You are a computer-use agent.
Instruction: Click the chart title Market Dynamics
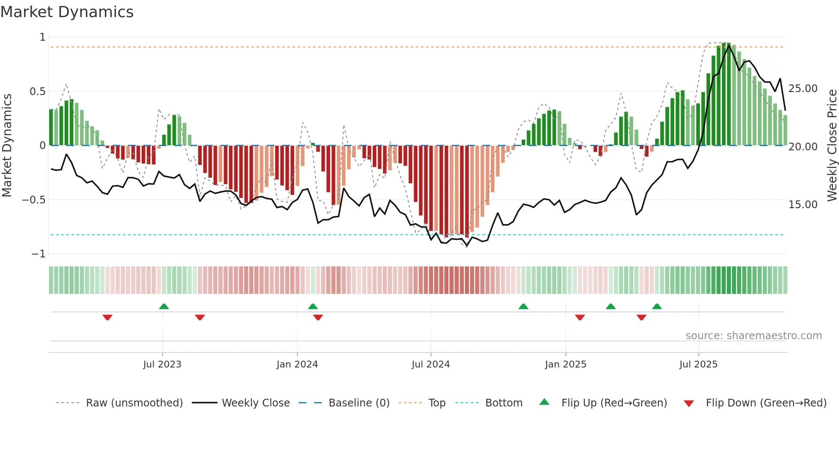click(67, 12)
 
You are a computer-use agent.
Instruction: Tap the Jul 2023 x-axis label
click(162, 364)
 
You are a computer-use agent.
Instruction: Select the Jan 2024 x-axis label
click(297, 364)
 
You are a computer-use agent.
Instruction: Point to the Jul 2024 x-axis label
click(431, 364)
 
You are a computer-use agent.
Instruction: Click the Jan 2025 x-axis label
click(565, 364)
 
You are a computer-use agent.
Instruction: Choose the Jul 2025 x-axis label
click(698, 364)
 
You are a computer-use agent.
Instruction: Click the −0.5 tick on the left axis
click(34, 200)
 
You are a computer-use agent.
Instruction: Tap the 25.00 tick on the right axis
click(803, 89)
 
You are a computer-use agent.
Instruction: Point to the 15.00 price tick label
click(803, 205)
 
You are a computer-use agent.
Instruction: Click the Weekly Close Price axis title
click(832, 145)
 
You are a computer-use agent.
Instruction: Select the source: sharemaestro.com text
click(753, 336)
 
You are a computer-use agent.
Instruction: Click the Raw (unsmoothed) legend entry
click(134, 403)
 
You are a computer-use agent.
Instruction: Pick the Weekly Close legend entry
click(256, 403)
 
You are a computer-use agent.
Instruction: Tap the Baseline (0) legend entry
click(359, 403)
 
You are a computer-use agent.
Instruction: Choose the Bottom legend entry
click(504, 403)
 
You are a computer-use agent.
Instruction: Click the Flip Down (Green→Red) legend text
click(766, 403)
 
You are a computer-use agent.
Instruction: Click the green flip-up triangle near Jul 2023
click(164, 306)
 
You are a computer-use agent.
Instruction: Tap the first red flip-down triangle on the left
click(107, 317)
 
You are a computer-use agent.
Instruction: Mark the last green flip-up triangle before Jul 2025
click(657, 306)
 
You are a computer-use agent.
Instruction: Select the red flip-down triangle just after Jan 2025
click(580, 317)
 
